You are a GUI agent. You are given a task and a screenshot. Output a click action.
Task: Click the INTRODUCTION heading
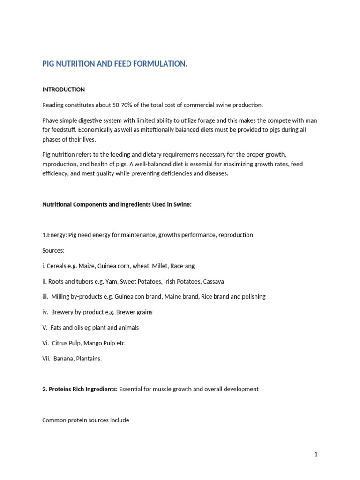(63, 90)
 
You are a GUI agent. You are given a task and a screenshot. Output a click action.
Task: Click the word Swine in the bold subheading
(182, 204)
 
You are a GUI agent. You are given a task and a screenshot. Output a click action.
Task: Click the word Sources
(53, 250)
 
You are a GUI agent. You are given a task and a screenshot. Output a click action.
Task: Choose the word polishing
(252, 297)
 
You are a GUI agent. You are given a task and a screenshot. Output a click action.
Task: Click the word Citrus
(60, 343)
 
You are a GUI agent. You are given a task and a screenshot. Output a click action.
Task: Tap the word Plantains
(88, 359)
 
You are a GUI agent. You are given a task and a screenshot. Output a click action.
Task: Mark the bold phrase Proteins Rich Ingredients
(83, 389)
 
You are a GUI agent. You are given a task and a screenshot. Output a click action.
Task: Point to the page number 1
(316, 454)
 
